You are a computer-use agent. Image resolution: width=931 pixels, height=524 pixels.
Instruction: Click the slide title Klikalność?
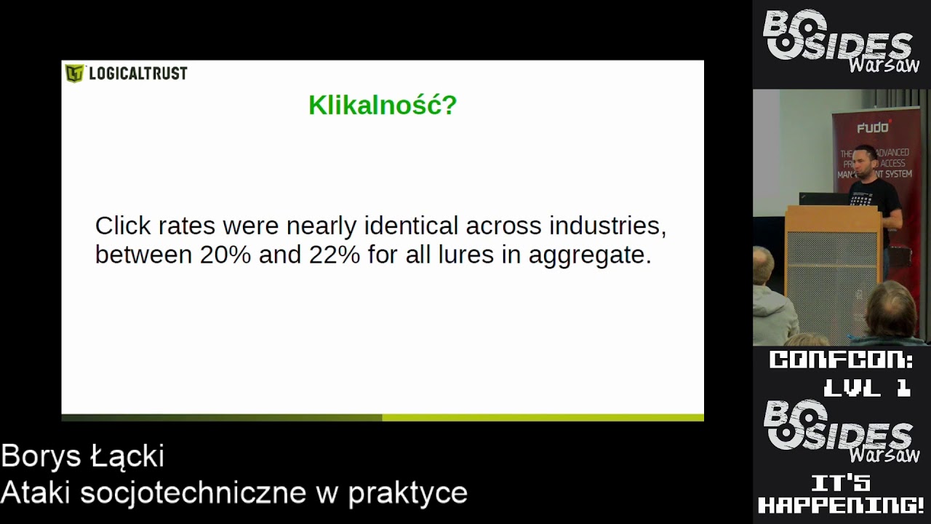click(383, 106)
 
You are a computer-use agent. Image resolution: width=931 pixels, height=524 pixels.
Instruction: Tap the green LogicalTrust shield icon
click(74, 74)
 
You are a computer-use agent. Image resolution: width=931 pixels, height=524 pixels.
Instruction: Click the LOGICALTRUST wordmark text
click(137, 74)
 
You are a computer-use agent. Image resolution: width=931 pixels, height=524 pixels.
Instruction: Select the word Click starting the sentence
click(123, 226)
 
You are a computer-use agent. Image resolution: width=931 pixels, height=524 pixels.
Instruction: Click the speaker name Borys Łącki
click(82, 457)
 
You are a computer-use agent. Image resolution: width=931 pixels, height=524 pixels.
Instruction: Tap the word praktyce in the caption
click(407, 493)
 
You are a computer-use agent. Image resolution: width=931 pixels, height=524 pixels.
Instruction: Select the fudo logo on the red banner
click(873, 128)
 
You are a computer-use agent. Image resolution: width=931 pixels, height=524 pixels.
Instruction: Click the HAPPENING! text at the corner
click(842, 505)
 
